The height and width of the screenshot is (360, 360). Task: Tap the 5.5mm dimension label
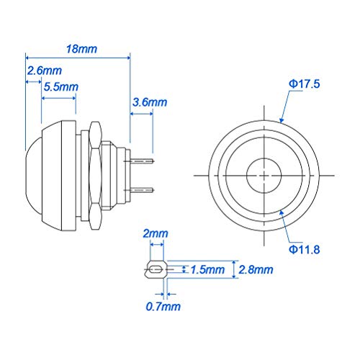tap(60, 86)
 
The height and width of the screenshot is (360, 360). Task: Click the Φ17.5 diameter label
tap(304, 84)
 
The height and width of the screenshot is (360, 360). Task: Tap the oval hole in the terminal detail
tap(153, 271)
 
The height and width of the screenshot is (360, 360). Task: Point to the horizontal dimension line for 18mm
tap(77, 57)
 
